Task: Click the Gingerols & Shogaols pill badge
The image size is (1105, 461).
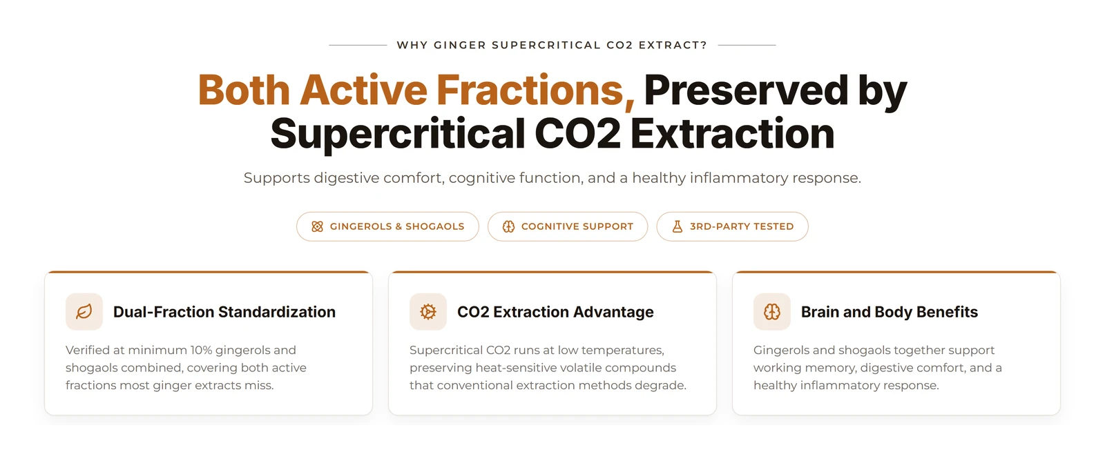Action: click(387, 226)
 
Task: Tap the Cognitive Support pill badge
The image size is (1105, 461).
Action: click(567, 226)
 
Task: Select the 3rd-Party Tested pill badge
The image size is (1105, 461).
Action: click(732, 226)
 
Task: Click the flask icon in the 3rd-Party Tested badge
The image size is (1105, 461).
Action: click(678, 226)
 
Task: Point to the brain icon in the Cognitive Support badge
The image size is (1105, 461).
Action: click(508, 226)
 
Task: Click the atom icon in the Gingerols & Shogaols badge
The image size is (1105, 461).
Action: click(317, 226)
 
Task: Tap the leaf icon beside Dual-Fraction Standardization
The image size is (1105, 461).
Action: click(84, 312)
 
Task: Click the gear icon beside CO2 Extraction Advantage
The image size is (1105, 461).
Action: click(427, 312)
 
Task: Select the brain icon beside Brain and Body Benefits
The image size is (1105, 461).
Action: click(771, 312)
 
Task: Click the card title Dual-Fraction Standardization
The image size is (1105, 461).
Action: click(224, 312)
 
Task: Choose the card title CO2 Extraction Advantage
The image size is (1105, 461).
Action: click(555, 312)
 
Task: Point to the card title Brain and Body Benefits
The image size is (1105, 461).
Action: click(890, 312)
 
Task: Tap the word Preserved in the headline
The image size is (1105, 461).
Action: click(746, 90)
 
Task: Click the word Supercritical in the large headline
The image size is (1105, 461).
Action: click(398, 134)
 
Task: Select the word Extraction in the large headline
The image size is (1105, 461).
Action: click(732, 134)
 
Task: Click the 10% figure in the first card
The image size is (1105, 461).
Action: click(201, 350)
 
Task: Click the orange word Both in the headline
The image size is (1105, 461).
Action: click(244, 90)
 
